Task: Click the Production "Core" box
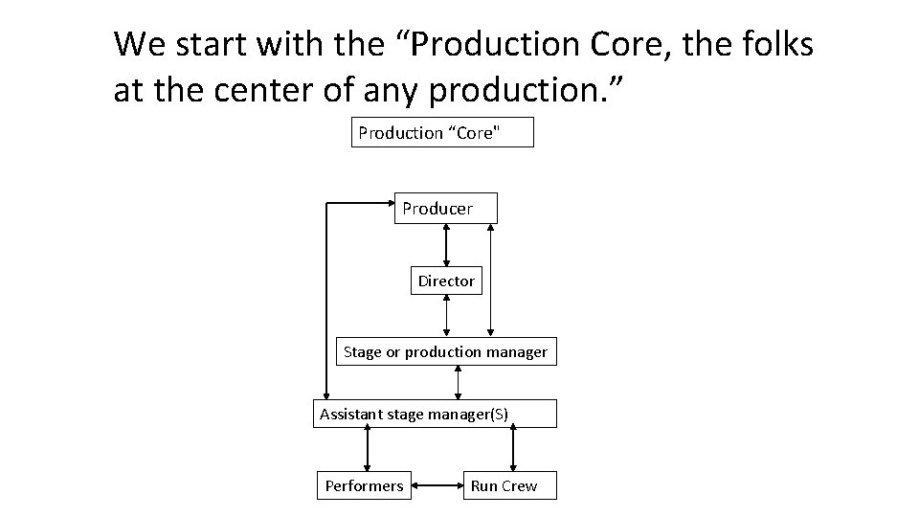point(442,133)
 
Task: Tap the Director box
point(446,281)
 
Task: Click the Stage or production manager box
point(445,351)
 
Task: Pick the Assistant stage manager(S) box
point(434,414)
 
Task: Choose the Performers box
point(364,485)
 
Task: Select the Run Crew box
point(504,485)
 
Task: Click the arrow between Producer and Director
point(446,244)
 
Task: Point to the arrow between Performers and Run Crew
point(437,485)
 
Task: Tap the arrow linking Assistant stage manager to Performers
point(367,449)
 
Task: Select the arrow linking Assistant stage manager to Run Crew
point(513,449)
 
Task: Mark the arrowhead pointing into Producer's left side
point(388,203)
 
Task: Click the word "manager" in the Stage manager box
point(517,351)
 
